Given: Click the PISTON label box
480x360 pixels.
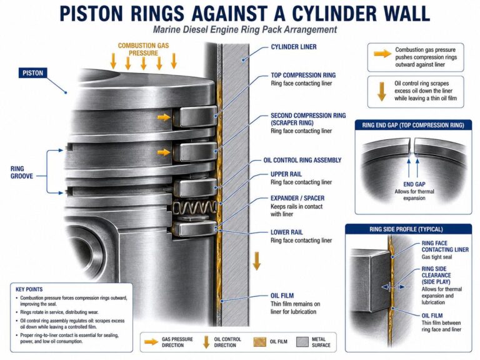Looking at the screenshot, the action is point(32,73).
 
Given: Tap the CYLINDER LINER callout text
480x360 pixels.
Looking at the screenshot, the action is point(294,47).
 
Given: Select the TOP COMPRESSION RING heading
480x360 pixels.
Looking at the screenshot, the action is point(303,75).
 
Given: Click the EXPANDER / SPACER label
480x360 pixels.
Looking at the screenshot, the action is point(297,198).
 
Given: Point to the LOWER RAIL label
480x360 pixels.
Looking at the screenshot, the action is point(286,232).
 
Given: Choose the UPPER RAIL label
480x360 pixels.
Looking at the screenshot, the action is point(286,174).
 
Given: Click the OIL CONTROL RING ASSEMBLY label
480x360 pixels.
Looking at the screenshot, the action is point(302,160).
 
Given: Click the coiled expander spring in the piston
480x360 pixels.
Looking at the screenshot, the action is point(194,208).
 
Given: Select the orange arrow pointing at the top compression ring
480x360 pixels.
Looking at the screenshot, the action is point(164,117).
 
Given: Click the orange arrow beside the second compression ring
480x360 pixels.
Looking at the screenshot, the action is point(164,152).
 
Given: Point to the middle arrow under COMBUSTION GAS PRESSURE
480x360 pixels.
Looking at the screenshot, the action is point(143,62).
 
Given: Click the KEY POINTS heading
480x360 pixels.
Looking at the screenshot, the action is point(29,289).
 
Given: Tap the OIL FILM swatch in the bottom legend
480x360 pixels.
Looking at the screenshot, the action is point(259,342).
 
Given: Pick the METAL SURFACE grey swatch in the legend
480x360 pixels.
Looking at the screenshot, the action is point(302,342).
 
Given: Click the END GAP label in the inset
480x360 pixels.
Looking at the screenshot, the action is point(414,184).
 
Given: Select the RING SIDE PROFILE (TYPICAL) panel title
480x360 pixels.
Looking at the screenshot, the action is point(406,229).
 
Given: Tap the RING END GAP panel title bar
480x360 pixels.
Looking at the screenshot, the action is point(413,125).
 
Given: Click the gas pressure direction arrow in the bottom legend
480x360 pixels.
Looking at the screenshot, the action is point(151,342).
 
